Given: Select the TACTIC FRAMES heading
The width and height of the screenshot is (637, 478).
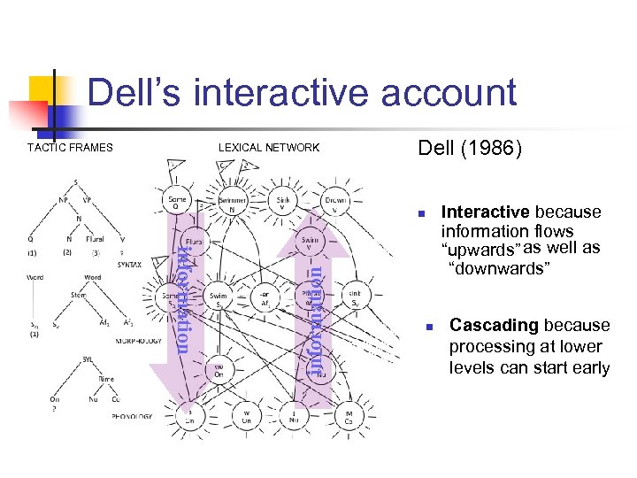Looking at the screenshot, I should tap(70, 148).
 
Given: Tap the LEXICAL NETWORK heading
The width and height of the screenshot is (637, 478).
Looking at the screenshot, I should tap(269, 148).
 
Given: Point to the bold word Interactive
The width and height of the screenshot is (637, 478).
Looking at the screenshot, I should tap(485, 212).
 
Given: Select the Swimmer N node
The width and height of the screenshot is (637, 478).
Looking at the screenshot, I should tap(233, 204).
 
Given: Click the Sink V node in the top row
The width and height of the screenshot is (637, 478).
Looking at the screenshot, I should tap(284, 204).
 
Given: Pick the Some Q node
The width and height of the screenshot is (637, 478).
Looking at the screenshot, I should tap(177, 204).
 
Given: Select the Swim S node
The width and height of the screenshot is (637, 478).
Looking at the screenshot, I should tap(219, 299).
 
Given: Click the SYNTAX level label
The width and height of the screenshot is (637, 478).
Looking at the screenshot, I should tap(129, 264).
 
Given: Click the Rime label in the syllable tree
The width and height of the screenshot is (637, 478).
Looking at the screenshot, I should tap(105, 379).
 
